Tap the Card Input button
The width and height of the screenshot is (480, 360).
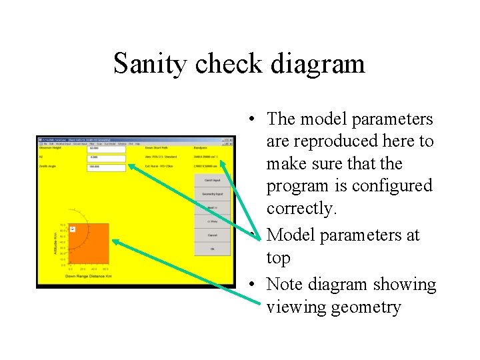212,179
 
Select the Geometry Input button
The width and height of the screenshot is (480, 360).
212,193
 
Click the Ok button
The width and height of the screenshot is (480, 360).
212,249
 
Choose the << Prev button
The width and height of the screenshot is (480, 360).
212,221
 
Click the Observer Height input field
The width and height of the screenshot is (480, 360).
106,148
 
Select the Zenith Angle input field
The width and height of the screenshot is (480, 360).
106,167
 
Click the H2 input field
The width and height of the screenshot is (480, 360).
106,158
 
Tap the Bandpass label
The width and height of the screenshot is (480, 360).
201,148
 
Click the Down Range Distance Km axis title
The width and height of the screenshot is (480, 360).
88,275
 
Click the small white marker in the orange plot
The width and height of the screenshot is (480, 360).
73,229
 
